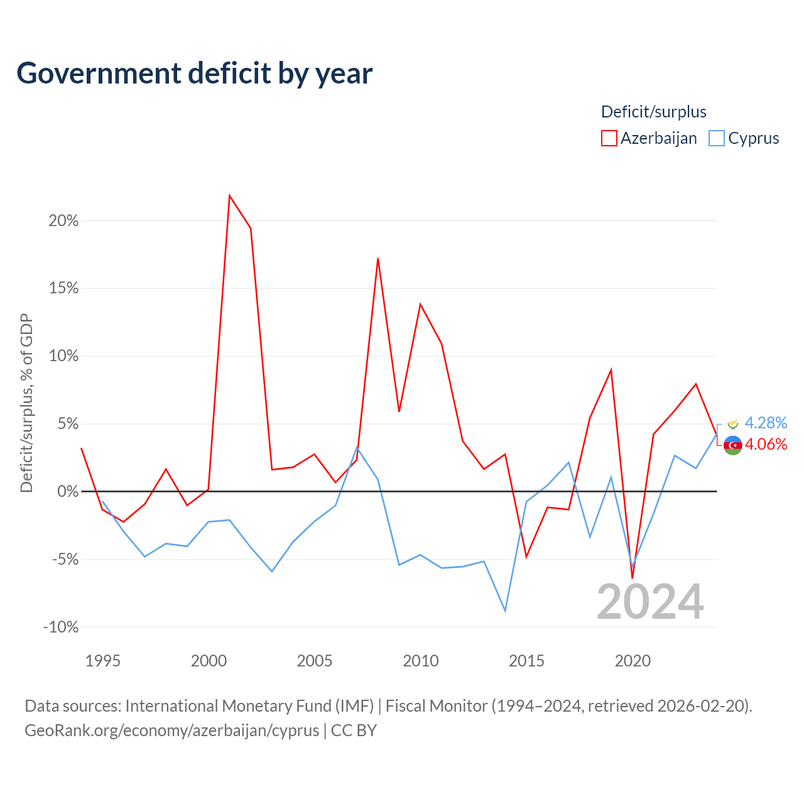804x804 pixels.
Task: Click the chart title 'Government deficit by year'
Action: (x=194, y=73)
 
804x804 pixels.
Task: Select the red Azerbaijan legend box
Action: (x=609, y=138)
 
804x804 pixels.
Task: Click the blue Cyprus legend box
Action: (x=717, y=138)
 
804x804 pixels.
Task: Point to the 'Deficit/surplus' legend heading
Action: (x=653, y=112)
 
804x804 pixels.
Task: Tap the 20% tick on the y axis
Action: (x=63, y=220)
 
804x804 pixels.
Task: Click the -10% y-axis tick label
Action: (x=61, y=627)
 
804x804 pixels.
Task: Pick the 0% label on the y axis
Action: (x=68, y=491)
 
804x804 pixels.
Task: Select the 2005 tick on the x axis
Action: (x=314, y=661)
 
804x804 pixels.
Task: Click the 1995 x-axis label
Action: (x=102, y=661)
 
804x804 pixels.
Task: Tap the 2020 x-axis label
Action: (x=633, y=661)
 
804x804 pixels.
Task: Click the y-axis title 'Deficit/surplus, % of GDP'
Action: (x=26, y=403)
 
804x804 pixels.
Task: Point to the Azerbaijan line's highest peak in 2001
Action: (x=229, y=195)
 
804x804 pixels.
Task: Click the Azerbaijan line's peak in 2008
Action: (x=378, y=259)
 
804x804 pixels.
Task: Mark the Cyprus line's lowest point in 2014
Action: (x=505, y=611)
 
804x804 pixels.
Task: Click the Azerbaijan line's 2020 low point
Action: (x=633, y=578)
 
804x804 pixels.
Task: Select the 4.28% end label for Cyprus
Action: (x=766, y=423)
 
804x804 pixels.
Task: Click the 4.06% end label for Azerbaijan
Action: (x=766, y=444)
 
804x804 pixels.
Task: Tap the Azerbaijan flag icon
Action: (x=732, y=445)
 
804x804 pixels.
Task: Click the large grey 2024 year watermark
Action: (x=650, y=602)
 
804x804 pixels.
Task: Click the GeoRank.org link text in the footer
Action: (x=172, y=731)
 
